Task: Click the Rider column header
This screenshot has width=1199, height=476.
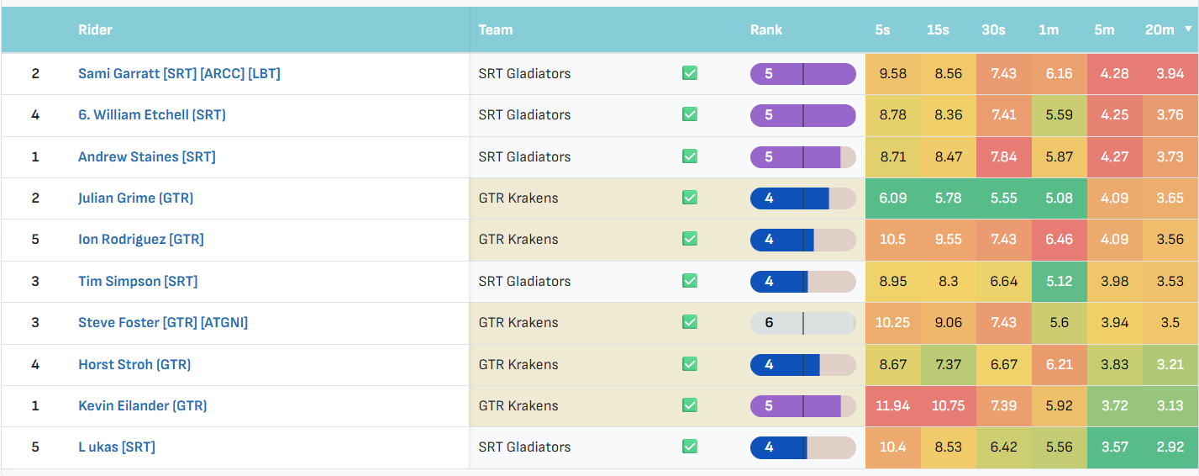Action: point(95,30)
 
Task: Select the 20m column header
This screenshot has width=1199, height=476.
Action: point(1160,30)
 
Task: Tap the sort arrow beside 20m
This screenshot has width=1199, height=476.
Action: point(1188,29)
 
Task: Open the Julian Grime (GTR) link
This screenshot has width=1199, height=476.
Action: point(136,198)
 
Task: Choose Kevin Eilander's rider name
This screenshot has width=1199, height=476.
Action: point(142,406)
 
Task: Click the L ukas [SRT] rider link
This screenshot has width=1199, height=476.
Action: point(117,447)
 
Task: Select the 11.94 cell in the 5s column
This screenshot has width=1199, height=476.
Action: point(892,406)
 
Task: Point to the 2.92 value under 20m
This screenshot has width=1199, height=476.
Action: point(1170,447)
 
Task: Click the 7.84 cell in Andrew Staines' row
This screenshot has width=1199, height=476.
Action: point(1003,156)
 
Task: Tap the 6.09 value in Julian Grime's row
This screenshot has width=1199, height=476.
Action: point(893,198)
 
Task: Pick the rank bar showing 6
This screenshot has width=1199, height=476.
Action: point(803,323)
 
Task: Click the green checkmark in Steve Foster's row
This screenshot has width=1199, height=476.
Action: point(690,322)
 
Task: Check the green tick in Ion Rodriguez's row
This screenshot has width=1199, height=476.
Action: point(690,239)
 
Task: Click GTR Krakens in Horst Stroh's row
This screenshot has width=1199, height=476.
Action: point(518,364)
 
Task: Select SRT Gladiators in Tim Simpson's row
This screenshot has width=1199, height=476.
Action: point(524,282)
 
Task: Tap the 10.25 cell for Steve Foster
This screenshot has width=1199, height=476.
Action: point(892,323)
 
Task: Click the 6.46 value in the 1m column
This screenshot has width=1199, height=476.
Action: point(1060,240)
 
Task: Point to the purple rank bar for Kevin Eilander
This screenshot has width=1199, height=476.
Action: point(803,406)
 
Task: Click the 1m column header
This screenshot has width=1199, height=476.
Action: point(1049,30)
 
